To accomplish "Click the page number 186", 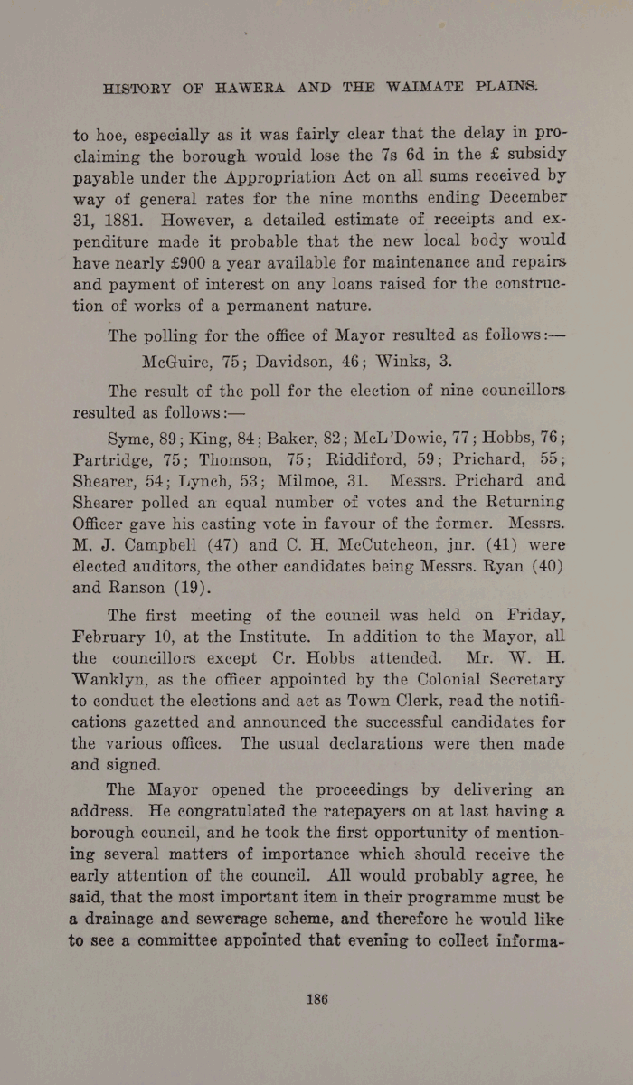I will click(x=316, y=998).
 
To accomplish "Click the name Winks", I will click(x=395, y=361).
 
